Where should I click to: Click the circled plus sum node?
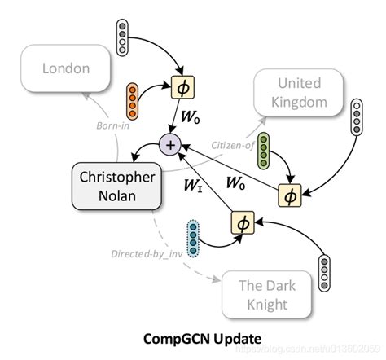170,145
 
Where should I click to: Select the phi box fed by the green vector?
288,195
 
